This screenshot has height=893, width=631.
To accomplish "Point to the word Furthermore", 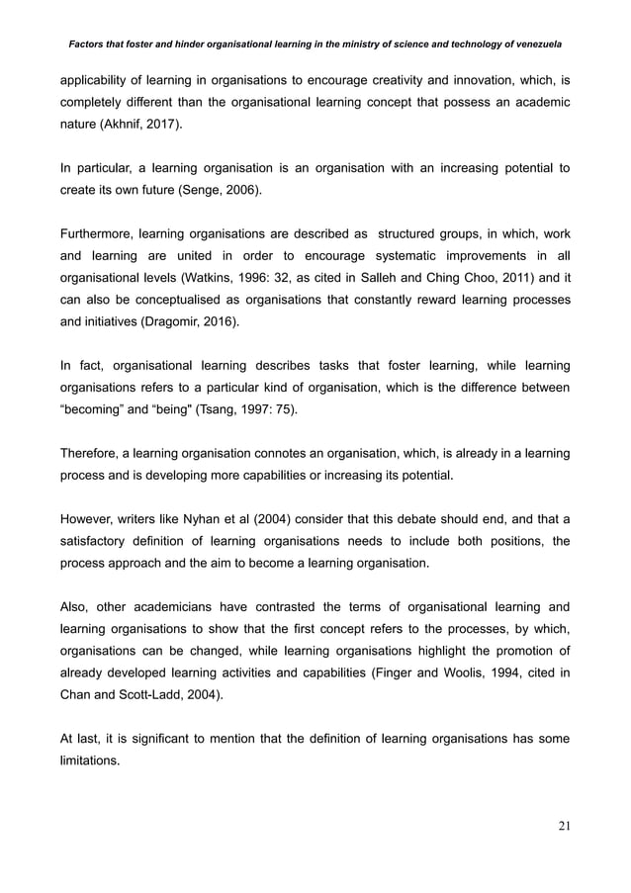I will [x=98, y=234].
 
